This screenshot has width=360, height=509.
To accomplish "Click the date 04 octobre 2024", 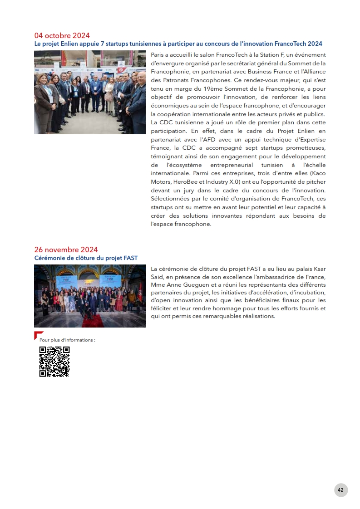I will point(62,35).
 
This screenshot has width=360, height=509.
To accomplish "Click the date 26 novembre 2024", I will point(66,250).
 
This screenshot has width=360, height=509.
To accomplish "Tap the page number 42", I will point(340,490).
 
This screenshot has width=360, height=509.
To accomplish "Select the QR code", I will point(54,362).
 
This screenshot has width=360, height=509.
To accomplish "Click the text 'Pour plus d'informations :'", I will point(67,340).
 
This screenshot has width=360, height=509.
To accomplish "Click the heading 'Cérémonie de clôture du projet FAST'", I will point(86,258).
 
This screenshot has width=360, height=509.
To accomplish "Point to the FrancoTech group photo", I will point(90,92).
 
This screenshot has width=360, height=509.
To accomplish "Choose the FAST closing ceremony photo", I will point(90,296).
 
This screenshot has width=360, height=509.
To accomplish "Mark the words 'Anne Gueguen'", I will point(186,284).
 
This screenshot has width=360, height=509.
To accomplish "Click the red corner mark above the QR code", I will point(38,335).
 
